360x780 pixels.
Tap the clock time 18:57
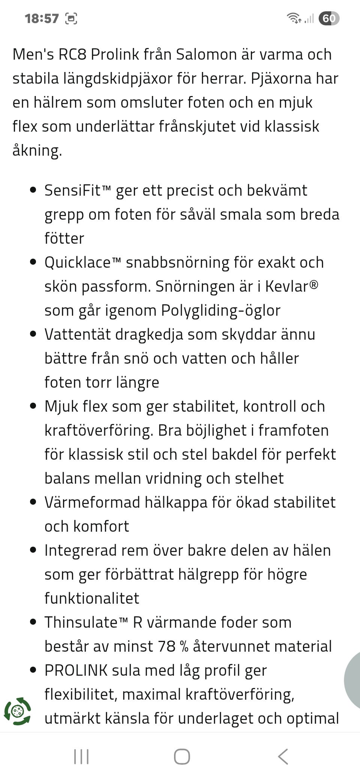click(42, 18)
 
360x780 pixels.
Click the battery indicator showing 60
click(329, 18)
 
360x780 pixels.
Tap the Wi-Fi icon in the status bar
click(294, 18)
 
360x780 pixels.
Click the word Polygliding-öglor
click(220, 311)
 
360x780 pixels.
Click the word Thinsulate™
click(86, 622)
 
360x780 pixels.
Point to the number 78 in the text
click(166, 646)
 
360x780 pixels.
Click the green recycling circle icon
click(17, 711)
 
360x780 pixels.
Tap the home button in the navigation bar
click(182, 756)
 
